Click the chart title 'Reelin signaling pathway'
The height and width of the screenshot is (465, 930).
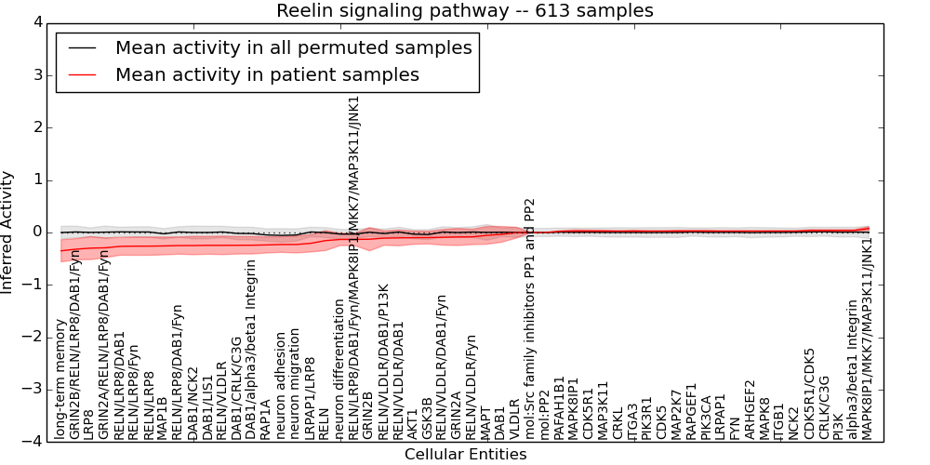tap(464, 10)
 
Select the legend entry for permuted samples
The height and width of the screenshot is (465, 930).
tap(293, 47)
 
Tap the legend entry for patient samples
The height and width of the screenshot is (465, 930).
tap(267, 74)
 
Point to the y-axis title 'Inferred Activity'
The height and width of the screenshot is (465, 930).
tap(7, 232)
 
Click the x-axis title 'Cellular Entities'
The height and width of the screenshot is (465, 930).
tap(465, 455)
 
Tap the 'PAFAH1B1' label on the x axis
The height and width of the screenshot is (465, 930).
tap(559, 407)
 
